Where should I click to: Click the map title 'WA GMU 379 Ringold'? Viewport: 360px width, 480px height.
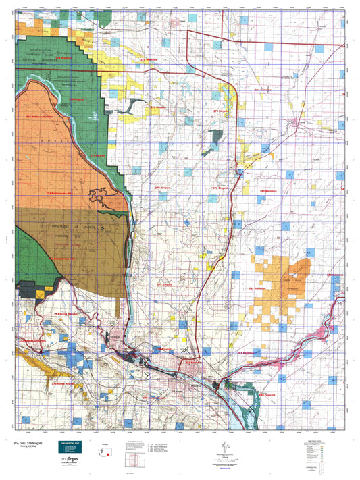[34, 444]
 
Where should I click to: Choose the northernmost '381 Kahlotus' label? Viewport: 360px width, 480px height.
[263, 90]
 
